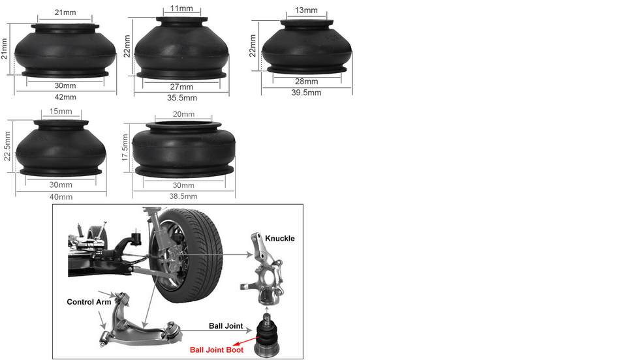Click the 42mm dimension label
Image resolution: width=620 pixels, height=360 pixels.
(x=65, y=97)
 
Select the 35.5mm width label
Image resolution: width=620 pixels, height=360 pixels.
(x=182, y=98)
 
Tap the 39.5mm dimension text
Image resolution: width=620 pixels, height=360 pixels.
(x=307, y=93)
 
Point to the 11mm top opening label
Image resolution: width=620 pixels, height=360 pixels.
(x=182, y=8)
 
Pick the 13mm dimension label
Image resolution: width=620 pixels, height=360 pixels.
(x=306, y=10)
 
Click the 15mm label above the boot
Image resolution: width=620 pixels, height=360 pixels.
(x=61, y=112)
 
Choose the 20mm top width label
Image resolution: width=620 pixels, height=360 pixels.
(x=183, y=114)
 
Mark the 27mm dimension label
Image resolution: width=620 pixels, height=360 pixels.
(x=181, y=87)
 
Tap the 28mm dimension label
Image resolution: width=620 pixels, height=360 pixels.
(x=307, y=82)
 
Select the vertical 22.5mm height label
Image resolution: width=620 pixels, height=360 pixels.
(x=8, y=146)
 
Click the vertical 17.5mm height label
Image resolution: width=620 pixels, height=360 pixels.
(x=125, y=147)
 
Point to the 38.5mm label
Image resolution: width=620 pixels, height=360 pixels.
(x=183, y=196)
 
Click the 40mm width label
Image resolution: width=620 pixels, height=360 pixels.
(x=61, y=197)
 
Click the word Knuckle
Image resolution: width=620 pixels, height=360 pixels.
(x=280, y=238)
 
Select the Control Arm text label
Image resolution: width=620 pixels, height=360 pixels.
(x=89, y=302)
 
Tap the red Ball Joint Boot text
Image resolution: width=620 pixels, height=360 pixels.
(x=217, y=350)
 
